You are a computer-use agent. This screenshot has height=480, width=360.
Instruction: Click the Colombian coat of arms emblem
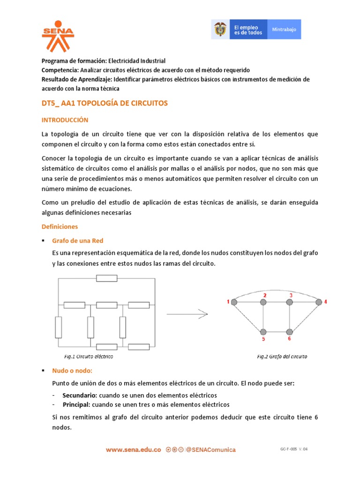click(219, 29)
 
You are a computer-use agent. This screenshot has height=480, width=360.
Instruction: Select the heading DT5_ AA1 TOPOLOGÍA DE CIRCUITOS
click(105, 103)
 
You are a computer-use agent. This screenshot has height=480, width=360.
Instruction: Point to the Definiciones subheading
click(60, 226)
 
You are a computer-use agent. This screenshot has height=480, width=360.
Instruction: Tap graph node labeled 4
click(319, 303)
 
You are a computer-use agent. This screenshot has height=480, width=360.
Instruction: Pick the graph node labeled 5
click(263, 331)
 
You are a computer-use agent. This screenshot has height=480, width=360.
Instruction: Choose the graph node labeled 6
click(290, 331)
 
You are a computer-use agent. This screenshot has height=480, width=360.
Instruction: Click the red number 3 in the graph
click(291, 295)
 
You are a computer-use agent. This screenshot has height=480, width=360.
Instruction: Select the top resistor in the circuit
click(106, 278)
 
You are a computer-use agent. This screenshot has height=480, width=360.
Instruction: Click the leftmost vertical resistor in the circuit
click(58, 327)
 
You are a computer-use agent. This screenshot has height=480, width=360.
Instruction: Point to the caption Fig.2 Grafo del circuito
click(282, 356)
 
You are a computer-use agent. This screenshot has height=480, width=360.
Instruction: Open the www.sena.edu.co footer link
click(134, 450)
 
